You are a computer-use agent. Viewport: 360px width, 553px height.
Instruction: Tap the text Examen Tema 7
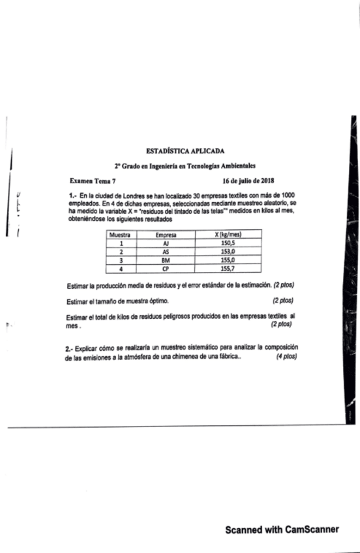[92, 181]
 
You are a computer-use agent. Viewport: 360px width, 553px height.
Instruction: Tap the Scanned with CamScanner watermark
[282, 530]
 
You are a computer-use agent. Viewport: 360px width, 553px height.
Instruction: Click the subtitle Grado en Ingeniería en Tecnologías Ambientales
[189, 166]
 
